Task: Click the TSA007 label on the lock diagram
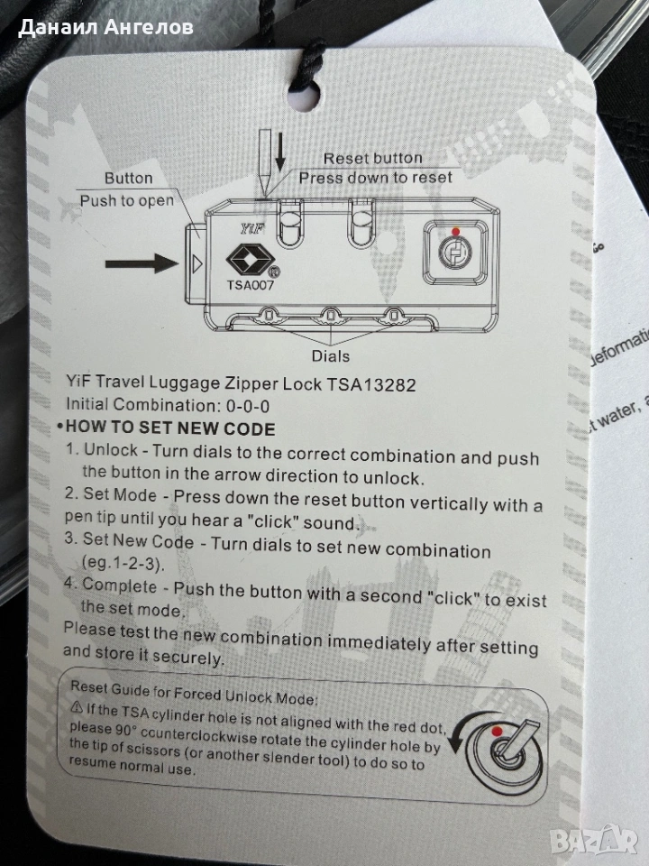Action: (x=250, y=284)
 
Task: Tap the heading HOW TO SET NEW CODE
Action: (x=170, y=428)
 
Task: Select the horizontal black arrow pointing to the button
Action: (x=142, y=263)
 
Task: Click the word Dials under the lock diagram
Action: (x=331, y=355)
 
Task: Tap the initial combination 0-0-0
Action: (x=248, y=407)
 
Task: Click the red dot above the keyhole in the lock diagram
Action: (x=455, y=232)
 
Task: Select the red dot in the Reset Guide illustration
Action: (x=497, y=732)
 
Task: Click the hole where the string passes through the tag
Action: (x=303, y=97)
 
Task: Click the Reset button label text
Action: (x=372, y=158)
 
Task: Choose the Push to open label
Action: (x=126, y=200)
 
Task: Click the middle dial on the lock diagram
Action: (x=330, y=316)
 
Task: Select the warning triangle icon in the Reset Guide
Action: (x=78, y=707)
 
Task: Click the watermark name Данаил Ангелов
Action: (x=105, y=27)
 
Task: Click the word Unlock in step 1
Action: (x=110, y=449)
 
